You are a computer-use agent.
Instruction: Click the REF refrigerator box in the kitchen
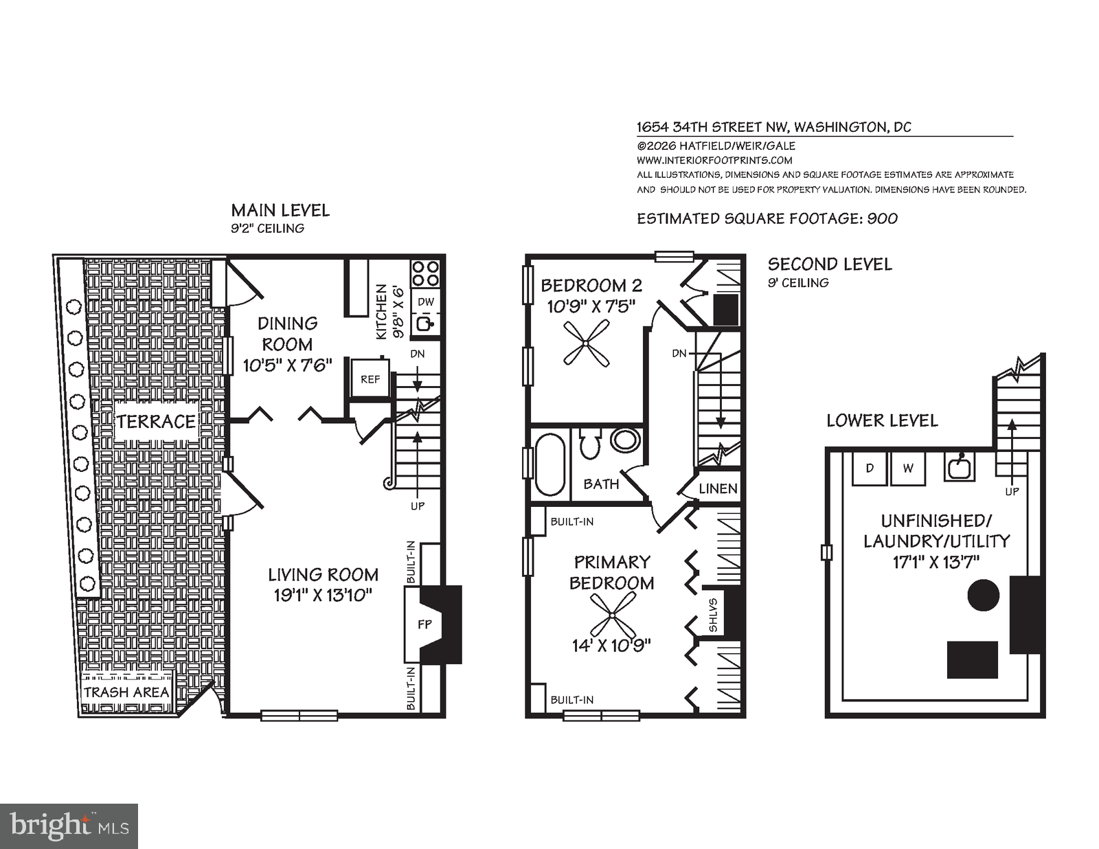(x=370, y=378)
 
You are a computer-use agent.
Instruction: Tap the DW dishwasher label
(x=426, y=302)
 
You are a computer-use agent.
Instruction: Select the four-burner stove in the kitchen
(x=425, y=273)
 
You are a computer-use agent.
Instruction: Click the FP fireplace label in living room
(x=425, y=624)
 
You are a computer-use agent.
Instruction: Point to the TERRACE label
(x=157, y=421)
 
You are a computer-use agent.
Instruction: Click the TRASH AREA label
(x=126, y=692)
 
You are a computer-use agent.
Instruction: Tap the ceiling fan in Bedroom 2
(x=586, y=343)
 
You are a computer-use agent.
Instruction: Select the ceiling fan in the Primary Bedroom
(x=613, y=614)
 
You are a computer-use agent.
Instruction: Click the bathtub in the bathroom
(x=549, y=464)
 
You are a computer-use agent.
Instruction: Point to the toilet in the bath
(x=589, y=444)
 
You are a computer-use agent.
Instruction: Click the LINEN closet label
(x=718, y=488)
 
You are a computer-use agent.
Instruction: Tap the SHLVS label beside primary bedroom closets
(x=713, y=615)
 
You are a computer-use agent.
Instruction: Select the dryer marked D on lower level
(x=870, y=468)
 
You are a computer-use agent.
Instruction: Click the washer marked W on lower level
(x=908, y=468)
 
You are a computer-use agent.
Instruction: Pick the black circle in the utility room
(x=984, y=595)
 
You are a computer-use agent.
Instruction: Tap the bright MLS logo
(x=69, y=825)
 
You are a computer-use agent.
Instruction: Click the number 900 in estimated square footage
(x=882, y=218)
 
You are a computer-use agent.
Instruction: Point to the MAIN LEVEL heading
(x=280, y=210)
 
